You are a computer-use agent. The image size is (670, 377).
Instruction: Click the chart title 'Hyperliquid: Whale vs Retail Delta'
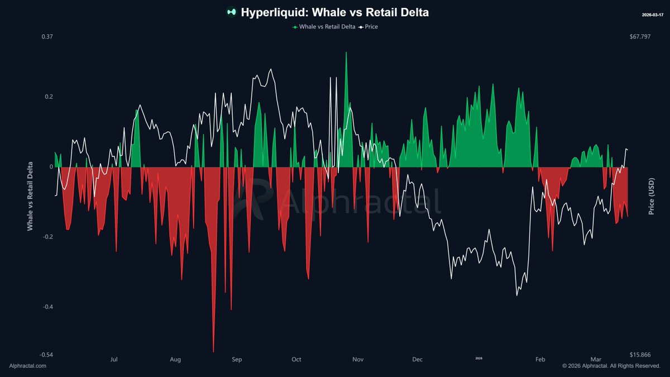click(335, 12)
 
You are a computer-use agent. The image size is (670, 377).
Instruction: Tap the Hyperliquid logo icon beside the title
click(231, 12)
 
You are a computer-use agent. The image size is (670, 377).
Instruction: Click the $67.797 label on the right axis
click(640, 37)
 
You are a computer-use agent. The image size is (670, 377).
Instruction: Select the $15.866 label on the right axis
click(640, 355)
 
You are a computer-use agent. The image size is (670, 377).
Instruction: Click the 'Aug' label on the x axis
click(175, 359)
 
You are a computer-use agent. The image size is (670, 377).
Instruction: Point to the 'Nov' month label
click(358, 359)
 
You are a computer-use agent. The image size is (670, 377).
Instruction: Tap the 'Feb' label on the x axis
click(540, 359)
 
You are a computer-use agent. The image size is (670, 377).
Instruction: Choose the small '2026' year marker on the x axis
click(478, 358)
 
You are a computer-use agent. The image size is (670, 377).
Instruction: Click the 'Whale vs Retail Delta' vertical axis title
click(30, 197)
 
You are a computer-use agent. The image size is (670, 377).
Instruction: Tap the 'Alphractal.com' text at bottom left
click(28, 366)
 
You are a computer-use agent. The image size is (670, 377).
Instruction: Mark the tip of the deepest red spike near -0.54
click(213, 351)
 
